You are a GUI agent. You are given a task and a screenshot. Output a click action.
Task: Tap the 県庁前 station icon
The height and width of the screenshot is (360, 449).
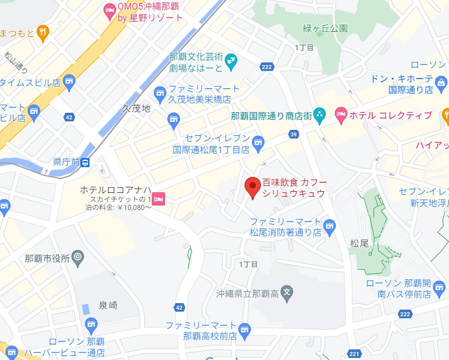(86, 162)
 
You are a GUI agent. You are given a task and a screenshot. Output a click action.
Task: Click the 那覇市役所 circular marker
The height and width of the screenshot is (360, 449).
(77, 259)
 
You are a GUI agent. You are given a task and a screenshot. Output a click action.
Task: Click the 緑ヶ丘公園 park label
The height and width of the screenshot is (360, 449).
(325, 28)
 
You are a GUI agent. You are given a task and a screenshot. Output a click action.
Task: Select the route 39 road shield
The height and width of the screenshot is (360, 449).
(294, 133)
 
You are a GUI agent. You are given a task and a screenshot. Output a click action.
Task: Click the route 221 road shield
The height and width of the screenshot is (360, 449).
(355, 354)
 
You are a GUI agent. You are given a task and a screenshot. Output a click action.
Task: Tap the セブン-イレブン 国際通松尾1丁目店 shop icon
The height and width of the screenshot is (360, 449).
(257, 143)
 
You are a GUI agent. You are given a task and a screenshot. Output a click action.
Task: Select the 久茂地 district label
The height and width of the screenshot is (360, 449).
(136, 108)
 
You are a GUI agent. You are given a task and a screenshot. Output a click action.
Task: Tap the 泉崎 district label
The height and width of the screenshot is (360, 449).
(108, 305)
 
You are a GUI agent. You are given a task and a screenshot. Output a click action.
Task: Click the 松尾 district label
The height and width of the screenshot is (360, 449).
(360, 243)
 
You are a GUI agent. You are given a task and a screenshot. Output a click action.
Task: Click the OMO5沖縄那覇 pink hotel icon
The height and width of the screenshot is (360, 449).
(109, 9)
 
